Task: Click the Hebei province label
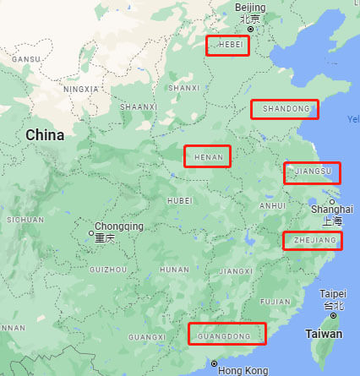pyautogui.click(x=227, y=46)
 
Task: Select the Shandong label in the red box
pyautogui.click(x=285, y=109)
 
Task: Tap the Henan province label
pyautogui.click(x=207, y=156)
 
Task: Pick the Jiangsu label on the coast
pyautogui.click(x=312, y=173)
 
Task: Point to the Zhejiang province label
pyautogui.click(x=313, y=241)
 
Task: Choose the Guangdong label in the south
pyautogui.click(x=226, y=334)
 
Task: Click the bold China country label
pyautogui.click(x=45, y=135)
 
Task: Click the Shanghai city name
pyautogui.click(x=331, y=209)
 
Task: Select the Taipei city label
pyautogui.click(x=333, y=293)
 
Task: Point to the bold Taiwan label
pyautogui.click(x=323, y=335)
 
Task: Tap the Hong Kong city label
pyautogui.click(x=243, y=370)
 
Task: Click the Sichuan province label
pyautogui.click(x=25, y=220)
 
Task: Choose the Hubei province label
pyautogui.click(x=180, y=200)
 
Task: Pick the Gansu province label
pyautogui.click(x=25, y=59)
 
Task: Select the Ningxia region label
pyautogui.click(x=81, y=88)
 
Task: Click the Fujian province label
pyautogui.click(x=275, y=302)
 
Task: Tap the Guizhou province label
pyautogui.click(x=107, y=269)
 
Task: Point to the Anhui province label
pyautogui.click(x=272, y=205)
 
